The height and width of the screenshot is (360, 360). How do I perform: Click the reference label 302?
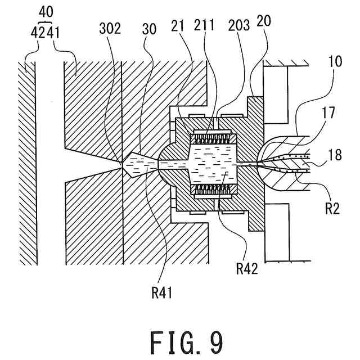pyautogui.click(x=110, y=29)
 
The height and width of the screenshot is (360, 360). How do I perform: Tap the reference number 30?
pyautogui.click(x=149, y=29)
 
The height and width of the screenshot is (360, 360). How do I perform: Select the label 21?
pyautogui.click(x=178, y=26)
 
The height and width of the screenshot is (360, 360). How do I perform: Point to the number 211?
pyautogui.click(x=204, y=25)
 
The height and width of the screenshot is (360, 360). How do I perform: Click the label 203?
pyautogui.click(x=239, y=25)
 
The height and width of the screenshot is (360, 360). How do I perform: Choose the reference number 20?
pyautogui.click(x=264, y=21)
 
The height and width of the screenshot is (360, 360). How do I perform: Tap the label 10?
pyautogui.click(x=335, y=61)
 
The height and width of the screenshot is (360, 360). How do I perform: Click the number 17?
pyautogui.click(x=328, y=114)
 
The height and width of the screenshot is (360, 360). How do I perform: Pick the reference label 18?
pyautogui.click(x=335, y=155)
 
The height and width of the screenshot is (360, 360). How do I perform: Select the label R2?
pyautogui.click(x=332, y=209)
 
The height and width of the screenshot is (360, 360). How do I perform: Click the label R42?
pyautogui.click(x=247, y=269)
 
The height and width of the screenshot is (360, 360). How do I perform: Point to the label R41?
pyautogui.click(x=162, y=293)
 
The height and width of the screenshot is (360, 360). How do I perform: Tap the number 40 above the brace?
pyautogui.click(x=46, y=12)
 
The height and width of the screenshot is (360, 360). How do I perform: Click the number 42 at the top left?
pyautogui.click(x=38, y=33)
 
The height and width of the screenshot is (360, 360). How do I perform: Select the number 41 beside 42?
pyautogui.click(x=53, y=33)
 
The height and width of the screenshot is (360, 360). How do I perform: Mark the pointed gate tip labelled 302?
pyautogui.click(x=122, y=163)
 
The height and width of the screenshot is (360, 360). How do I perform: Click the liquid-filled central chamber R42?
pyautogui.click(x=213, y=164)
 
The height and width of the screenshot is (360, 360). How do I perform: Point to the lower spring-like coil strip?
pyautogui.click(x=213, y=189)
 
